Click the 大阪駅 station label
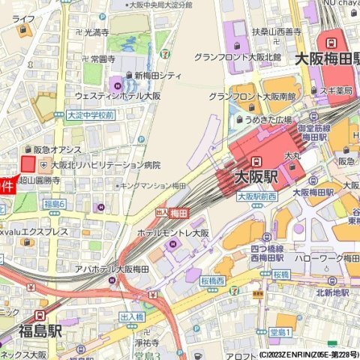point(256,177)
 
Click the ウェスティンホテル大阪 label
point(118,96)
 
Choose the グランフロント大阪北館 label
point(237,57)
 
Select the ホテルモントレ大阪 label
point(172,233)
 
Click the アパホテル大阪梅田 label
point(116,268)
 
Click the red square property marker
point(28,163)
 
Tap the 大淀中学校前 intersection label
point(90,115)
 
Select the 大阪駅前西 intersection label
point(256,196)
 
